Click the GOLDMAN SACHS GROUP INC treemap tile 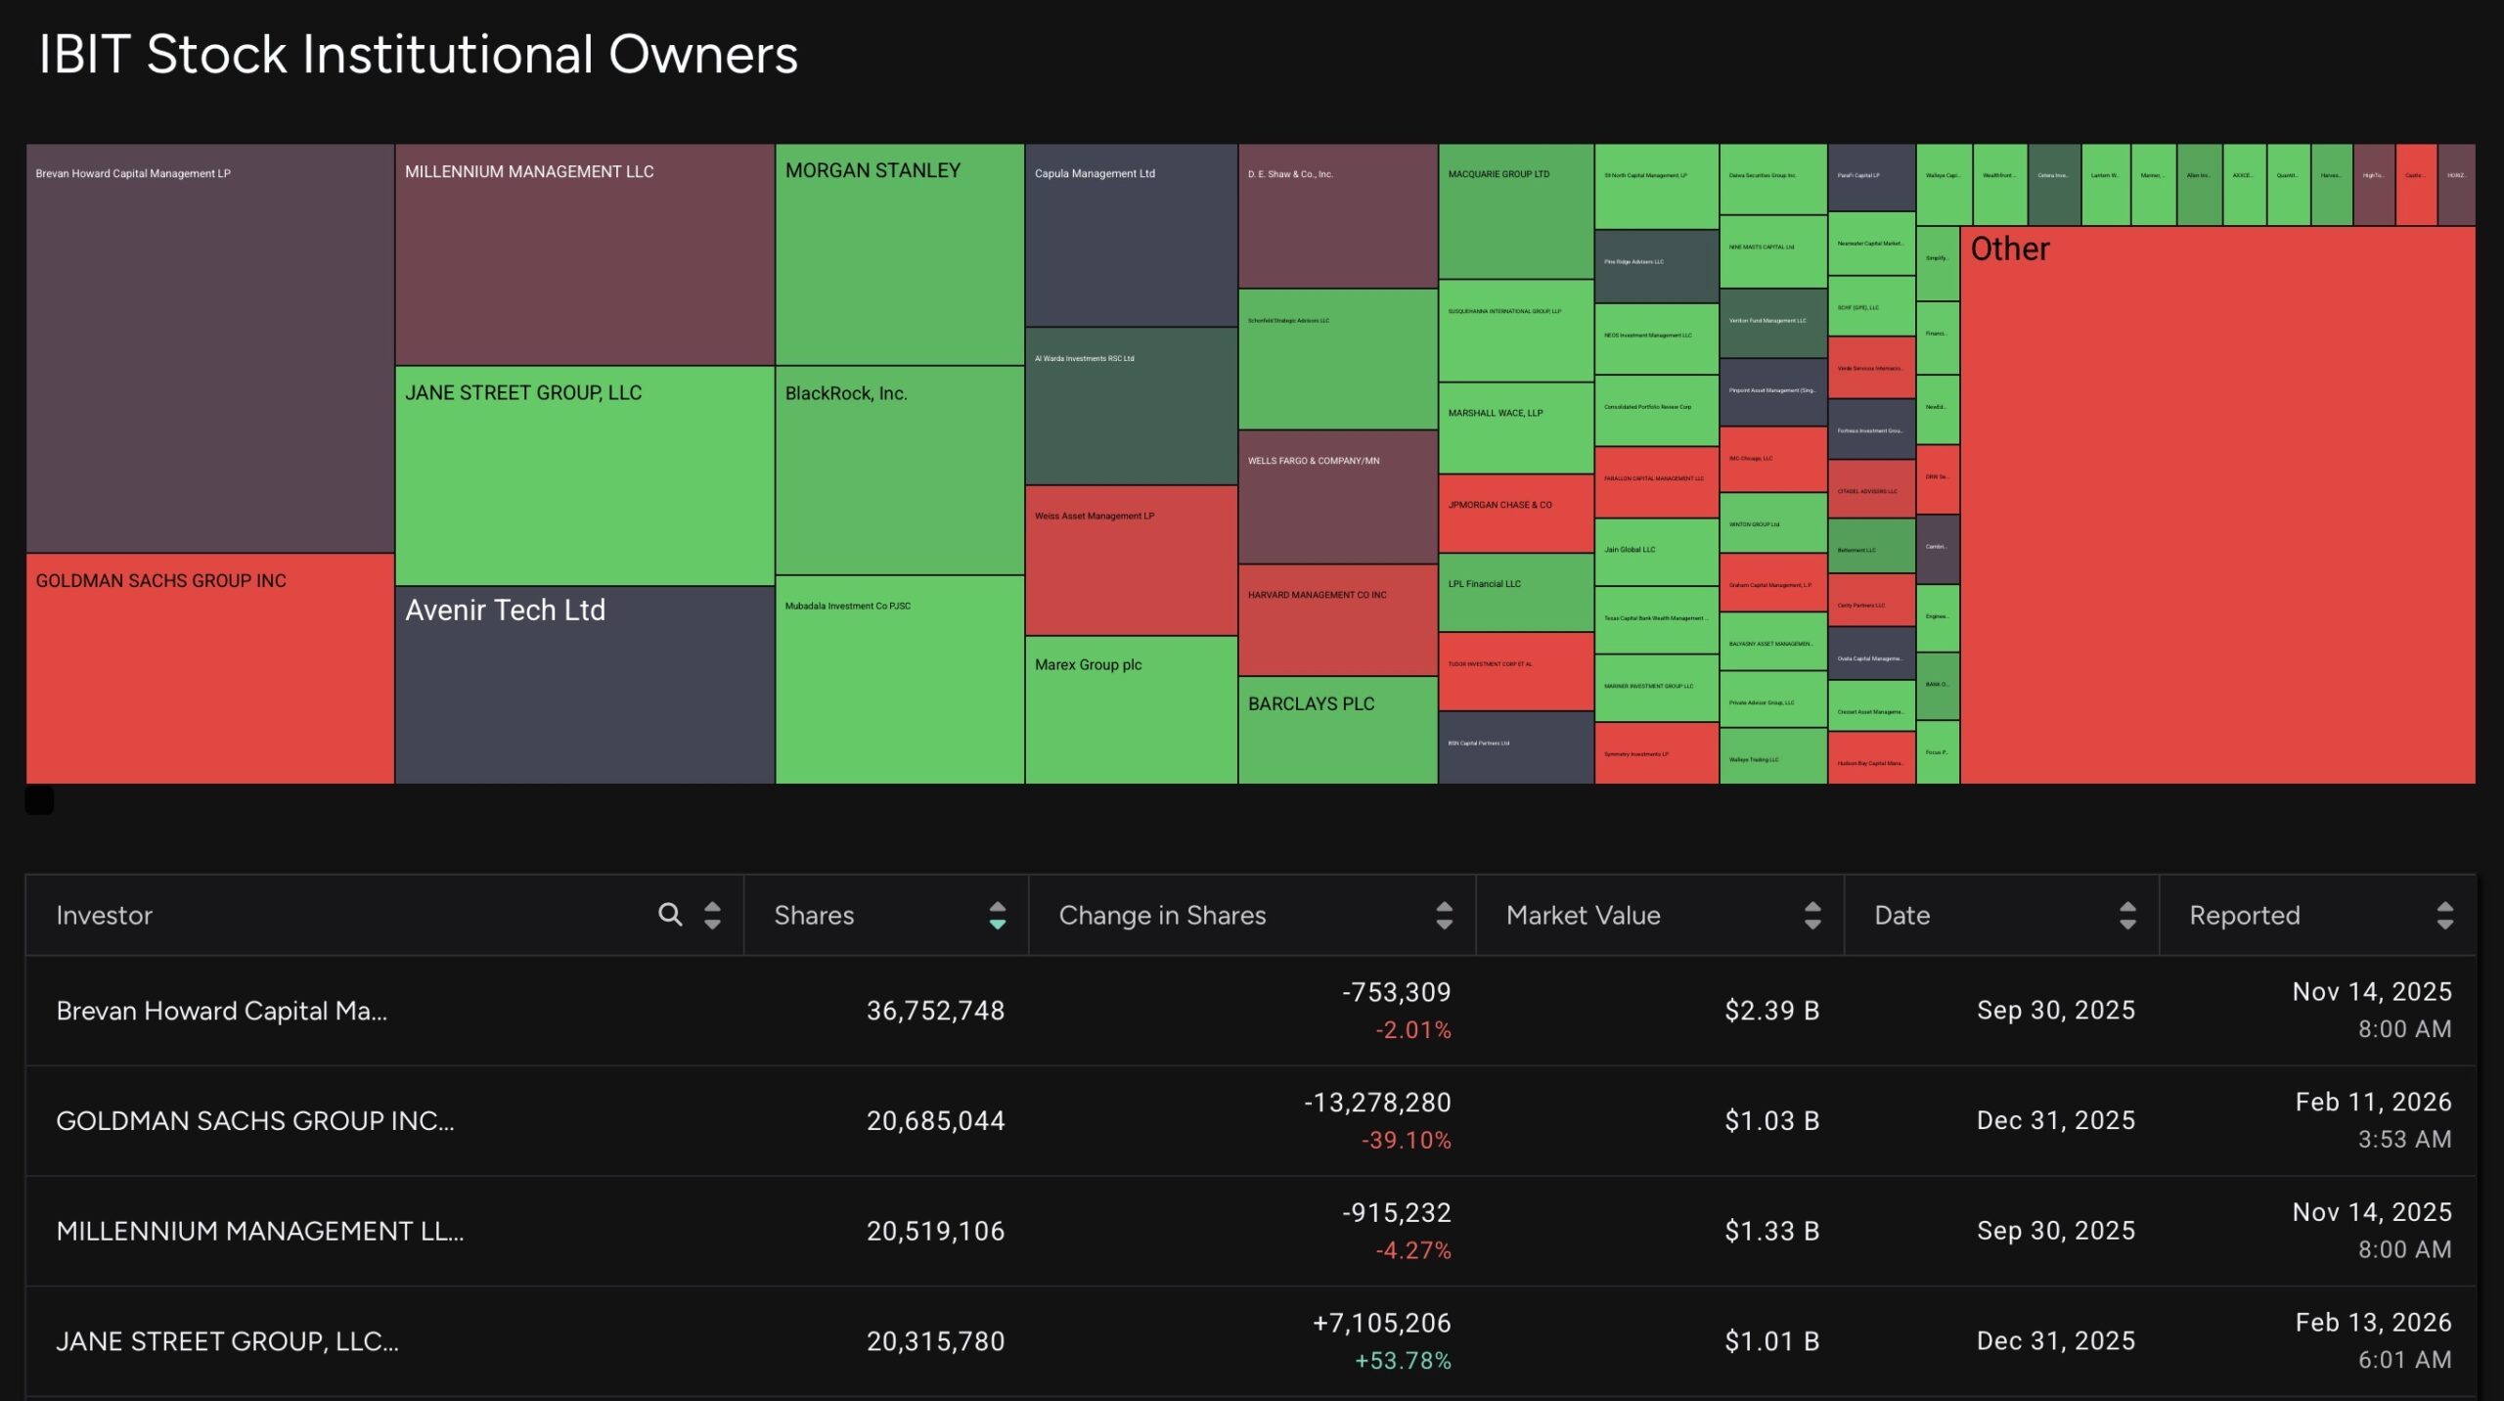pyautogui.click(x=209, y=668)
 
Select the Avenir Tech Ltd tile pyautogui.click(x=584, y=685)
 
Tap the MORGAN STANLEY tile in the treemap pyautogui.click(x=899, y=254)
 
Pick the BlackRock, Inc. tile pyautogui.click(x=899, y=470)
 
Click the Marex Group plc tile pyautogui.click(x=1131, y=709)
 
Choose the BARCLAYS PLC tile pyautogui.click(x=1337, y=730)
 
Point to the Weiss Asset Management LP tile pyautogui.click(x=1131, y=561)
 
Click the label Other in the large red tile pyautogui.click(x=2009, y=249)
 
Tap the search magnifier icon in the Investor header pyautogui.click(x=670, y=915)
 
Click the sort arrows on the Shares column pyautogui.click(x=997, y=916)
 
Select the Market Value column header pyautogui.click(x=1583, y=916)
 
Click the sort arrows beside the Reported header pyautogui.click(x=2444, y=916)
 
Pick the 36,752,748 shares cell pyautogui.click(x=935, y=1011)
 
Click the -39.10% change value pyautogui.click(x=1406, y=1141)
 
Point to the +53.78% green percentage pyautogui.click(x=1403, y=1361)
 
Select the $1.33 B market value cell pyautogui.click(x=1771, y=1232)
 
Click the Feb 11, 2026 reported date pyautogui.click(x=2373, y=1103)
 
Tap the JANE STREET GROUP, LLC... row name pyautogui.click(x=227, y=1341)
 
